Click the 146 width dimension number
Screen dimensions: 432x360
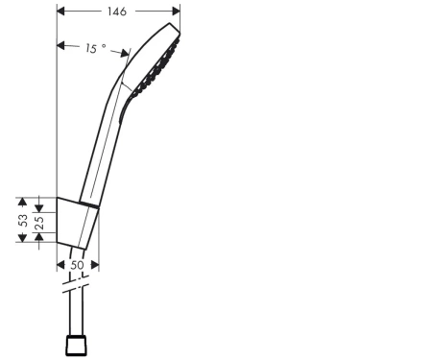click(x=117, y=12)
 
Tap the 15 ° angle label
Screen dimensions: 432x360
click(x=96, y=48)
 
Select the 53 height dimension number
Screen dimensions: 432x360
click(x=23, y=220)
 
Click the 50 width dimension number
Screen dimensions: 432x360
click(x=77, y=265)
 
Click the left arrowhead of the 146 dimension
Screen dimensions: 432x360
click(x=60, y=12)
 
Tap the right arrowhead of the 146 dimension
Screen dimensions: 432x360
click(x=176, y=12)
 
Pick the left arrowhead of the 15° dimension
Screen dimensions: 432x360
click(x=60, y=45)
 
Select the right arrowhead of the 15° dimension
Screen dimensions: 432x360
click(x=125, y=53)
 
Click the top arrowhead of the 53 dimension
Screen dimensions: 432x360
click(x=22, y=202)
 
